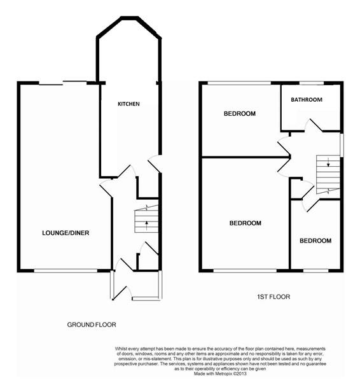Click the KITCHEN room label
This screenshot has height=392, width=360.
(x=128, y=104)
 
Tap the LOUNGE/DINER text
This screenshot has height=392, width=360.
(x=66, y=233)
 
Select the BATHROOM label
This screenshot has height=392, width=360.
(x=307, y=100)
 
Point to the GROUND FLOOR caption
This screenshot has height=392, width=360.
(x=92, y=325)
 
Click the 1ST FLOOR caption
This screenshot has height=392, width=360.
(x=269, y=297)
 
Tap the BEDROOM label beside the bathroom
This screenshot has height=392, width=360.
(x=239, y=114)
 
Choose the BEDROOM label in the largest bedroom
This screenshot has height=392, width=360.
(x=246, y=223)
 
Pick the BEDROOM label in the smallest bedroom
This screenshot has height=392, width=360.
(x=315, y=241)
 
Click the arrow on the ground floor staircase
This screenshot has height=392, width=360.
(x=146, y=223)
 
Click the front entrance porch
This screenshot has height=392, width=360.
(x=136, y=285)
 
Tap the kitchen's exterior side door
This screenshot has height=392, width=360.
(x=154, y=164)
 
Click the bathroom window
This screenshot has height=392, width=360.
(x=312, y=83)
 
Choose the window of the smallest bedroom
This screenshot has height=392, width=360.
(x=315, y=271)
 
